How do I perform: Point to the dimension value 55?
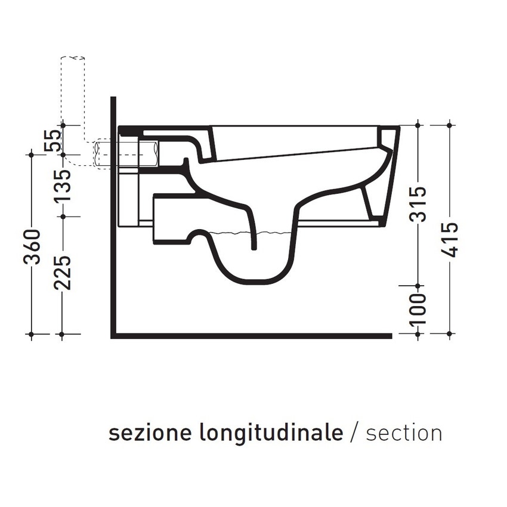click(x=53, y=141)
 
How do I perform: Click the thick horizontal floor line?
click(x=251, y=335)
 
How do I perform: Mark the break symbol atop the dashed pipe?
click(x=73, y=58)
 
